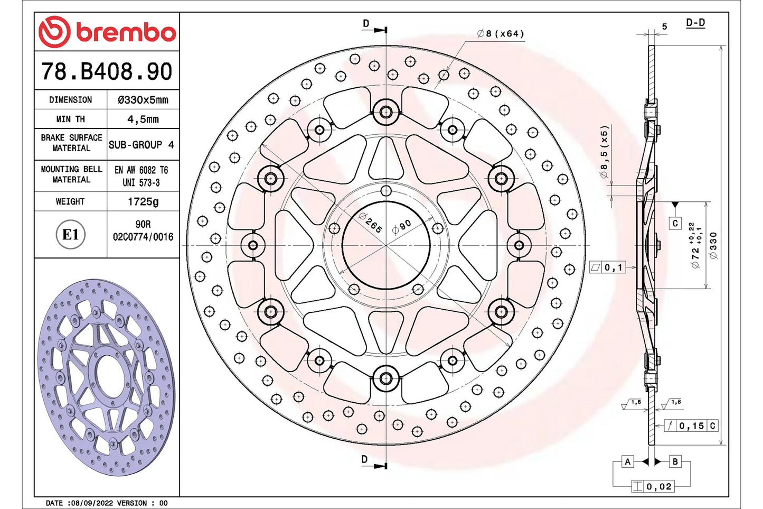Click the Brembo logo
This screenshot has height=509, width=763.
pos(107,32)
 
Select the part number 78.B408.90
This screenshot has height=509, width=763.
pos(107,71)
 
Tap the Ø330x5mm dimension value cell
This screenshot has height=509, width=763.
pos(143,99)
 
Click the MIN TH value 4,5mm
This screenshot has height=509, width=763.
pos(143,119)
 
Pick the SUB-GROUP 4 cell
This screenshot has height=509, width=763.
pos(142,144)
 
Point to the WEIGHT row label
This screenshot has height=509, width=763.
pos(70,201)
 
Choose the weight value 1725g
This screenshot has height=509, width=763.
pos(143,201)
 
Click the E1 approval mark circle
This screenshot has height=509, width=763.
pos(70,235)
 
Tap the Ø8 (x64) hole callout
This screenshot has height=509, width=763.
pos(500,34)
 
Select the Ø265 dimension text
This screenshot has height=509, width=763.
pos(370,223)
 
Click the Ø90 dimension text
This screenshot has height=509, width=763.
pos(402,227)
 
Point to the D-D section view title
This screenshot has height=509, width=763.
pos(695,23)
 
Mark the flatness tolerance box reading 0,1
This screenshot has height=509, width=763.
pos(608,267)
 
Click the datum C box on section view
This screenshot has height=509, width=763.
pos(675,223)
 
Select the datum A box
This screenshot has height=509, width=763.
pos(627,461)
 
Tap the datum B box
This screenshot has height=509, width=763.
pos(675,461)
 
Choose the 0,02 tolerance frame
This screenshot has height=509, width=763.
pos(653,486)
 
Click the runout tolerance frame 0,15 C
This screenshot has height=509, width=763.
pos(691,425)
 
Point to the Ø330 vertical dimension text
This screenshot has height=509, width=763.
pos(713,245)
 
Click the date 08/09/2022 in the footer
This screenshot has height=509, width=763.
pos(92,503)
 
